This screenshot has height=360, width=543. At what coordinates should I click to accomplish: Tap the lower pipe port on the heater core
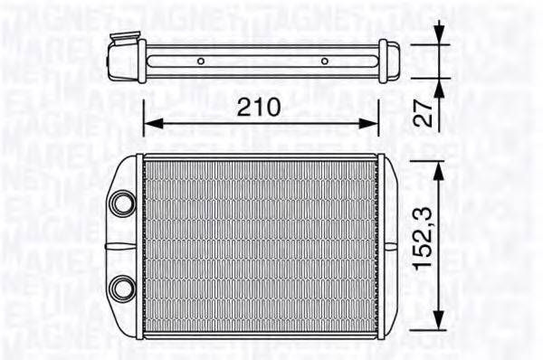point(120,289)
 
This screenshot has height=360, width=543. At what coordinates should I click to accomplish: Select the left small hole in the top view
point(201,62)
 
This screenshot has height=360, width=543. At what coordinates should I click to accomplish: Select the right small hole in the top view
point(325,62)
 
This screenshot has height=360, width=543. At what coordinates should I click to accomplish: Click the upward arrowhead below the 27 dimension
point(441,87)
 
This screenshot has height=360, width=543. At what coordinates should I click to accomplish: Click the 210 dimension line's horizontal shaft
point(261,124)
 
